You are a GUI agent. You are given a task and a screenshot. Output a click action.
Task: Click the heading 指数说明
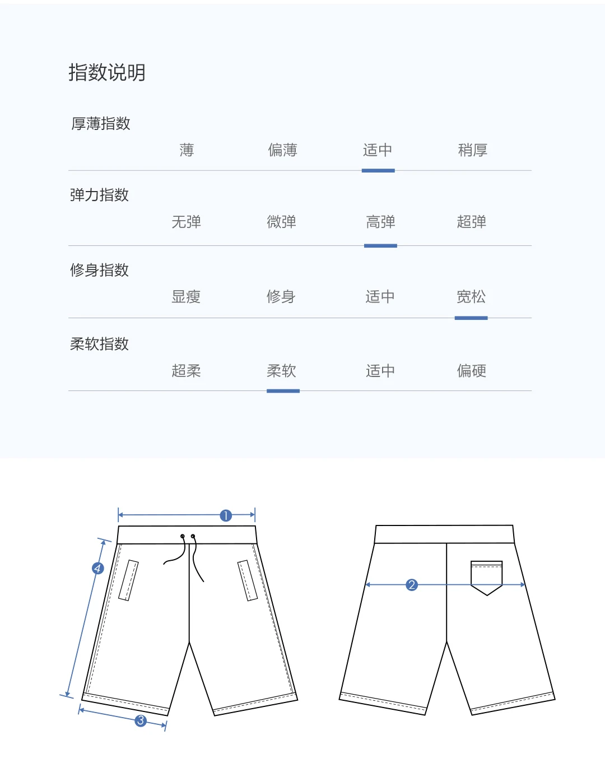click(107, 73)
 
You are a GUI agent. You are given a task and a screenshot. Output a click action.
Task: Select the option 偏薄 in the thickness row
click(282, 150)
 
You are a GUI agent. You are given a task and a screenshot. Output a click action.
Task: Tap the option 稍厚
click(472, 150)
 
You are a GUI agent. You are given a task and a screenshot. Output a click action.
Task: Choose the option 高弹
click(380, 222)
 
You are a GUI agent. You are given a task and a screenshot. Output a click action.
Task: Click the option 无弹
click(186, 222)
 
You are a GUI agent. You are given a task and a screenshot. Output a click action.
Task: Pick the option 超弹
click(471, 222)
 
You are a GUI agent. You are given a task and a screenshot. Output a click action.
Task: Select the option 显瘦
click(186, 297)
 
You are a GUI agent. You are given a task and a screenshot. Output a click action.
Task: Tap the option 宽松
click(471, 297)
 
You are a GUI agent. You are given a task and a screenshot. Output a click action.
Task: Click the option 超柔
click(186, 371)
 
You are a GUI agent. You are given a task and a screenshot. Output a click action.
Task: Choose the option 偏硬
click(471, 371)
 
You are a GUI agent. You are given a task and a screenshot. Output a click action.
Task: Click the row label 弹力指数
click(99, 196)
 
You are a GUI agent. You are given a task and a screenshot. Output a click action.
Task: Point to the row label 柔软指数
click(99, 344)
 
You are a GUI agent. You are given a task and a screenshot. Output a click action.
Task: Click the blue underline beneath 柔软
click(283, 391)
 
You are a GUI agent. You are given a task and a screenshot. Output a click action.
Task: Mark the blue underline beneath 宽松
click(471, 318)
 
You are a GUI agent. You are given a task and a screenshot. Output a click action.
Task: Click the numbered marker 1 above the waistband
click(226, 515)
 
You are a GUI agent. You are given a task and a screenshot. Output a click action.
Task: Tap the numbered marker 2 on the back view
click(412, 585)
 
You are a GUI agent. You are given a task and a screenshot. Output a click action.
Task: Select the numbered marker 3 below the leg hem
click(141, 720)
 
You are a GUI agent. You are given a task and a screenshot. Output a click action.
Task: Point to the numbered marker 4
click(97, 569)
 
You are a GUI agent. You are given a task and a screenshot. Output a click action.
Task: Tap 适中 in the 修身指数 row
click(380, 297)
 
